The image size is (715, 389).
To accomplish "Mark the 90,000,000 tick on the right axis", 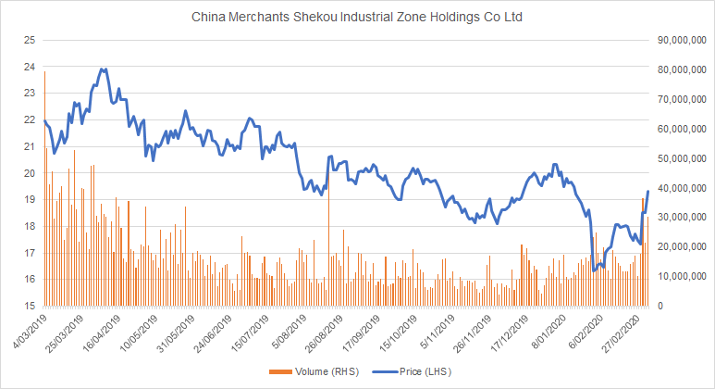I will (x=683, y=41).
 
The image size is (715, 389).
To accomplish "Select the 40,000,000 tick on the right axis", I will (x=683, y=188).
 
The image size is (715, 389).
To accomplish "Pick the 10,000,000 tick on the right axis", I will (x=683, y=276).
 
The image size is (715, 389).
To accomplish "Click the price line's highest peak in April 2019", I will (x=103, y=69).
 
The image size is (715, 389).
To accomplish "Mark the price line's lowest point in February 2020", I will (x=592, y=270).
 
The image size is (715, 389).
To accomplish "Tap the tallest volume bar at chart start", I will (x=44, y=72).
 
